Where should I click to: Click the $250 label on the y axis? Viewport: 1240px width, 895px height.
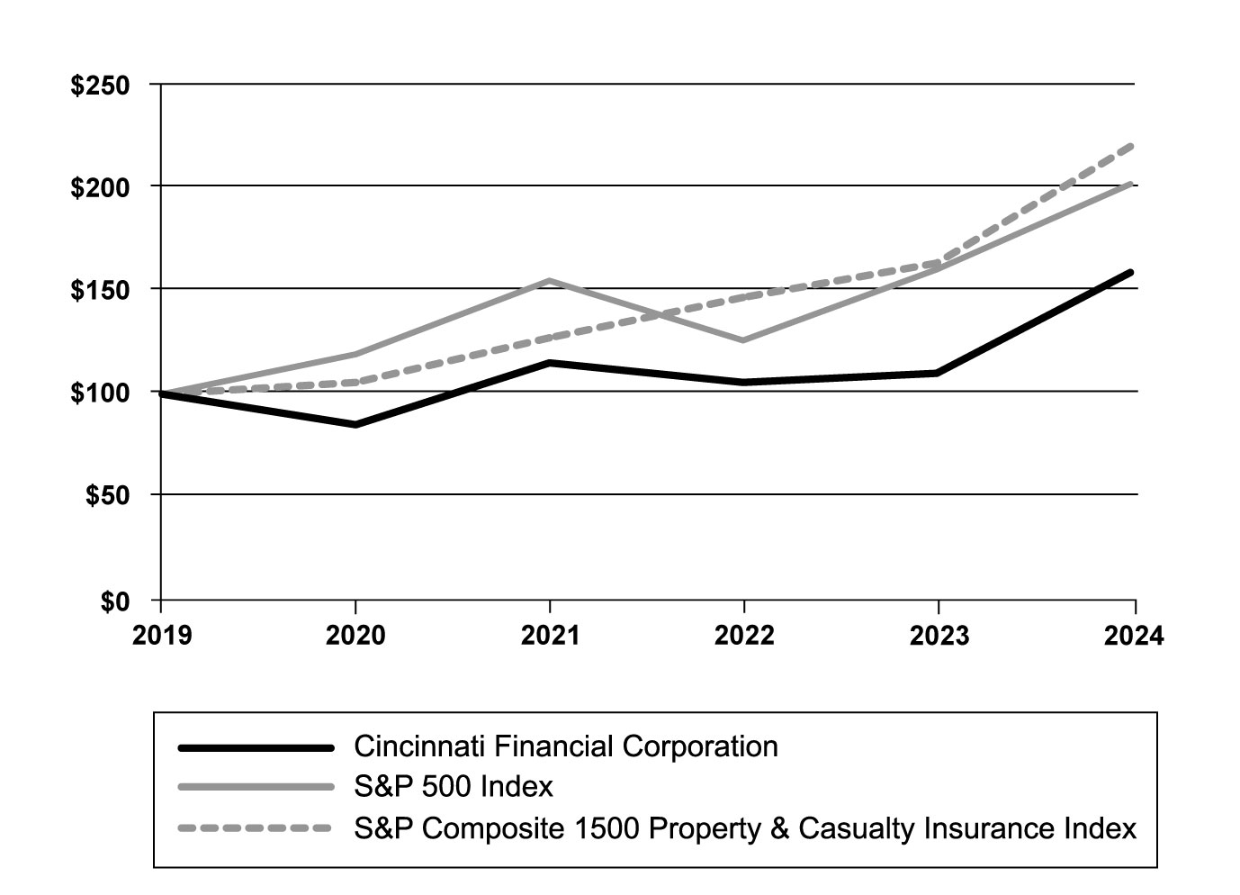pos(100,86)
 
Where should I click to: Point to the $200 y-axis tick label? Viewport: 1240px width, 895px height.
pos(100,187)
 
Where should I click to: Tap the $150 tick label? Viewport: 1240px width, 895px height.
pos(100,290)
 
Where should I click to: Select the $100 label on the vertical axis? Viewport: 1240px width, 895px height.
pos(100,393)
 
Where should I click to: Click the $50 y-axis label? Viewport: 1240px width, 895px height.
pos(107,496)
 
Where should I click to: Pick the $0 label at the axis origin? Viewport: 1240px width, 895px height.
pos(114,601)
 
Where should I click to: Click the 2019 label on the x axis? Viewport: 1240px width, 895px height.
pos(162,636)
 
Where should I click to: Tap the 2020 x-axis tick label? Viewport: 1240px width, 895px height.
pos(355,636)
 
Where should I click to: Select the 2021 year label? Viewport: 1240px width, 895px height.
pos(550,636)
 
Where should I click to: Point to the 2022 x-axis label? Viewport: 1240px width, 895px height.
pos(744,636)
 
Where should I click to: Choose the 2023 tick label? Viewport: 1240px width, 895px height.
pos(939,636)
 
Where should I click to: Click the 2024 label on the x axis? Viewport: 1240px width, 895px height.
pos(1133,636)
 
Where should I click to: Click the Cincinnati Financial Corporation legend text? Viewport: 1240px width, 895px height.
pos(566,746)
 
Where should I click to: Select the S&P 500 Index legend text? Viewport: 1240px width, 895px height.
pos(454,787)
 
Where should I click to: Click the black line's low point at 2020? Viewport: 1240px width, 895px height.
pos(355,424)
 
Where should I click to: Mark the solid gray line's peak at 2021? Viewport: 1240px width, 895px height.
pos(550,280)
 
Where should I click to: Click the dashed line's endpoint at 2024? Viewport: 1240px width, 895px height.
pos(1131,145)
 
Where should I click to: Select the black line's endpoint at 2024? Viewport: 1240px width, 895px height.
pos(1131,272)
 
